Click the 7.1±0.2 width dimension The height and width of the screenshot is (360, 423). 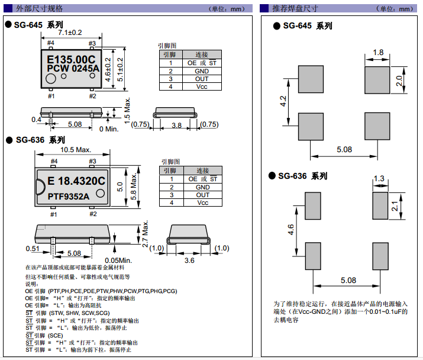point(70,32)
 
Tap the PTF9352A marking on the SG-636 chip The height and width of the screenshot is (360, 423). point(68,196)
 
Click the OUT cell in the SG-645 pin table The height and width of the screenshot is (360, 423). point(202,79)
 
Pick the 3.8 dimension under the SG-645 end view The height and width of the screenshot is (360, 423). point(176,125)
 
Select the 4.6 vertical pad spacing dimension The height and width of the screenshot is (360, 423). point(290,229)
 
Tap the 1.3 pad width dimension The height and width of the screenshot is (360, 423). point(379,179)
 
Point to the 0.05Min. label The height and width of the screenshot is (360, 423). point(118,260)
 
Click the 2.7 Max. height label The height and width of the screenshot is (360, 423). point(145,234)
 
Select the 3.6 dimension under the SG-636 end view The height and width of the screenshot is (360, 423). point(189,260)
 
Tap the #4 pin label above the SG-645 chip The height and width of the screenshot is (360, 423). point(50,43)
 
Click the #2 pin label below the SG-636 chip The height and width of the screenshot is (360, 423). point(92,214)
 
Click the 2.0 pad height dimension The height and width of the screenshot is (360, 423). point(400,79)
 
